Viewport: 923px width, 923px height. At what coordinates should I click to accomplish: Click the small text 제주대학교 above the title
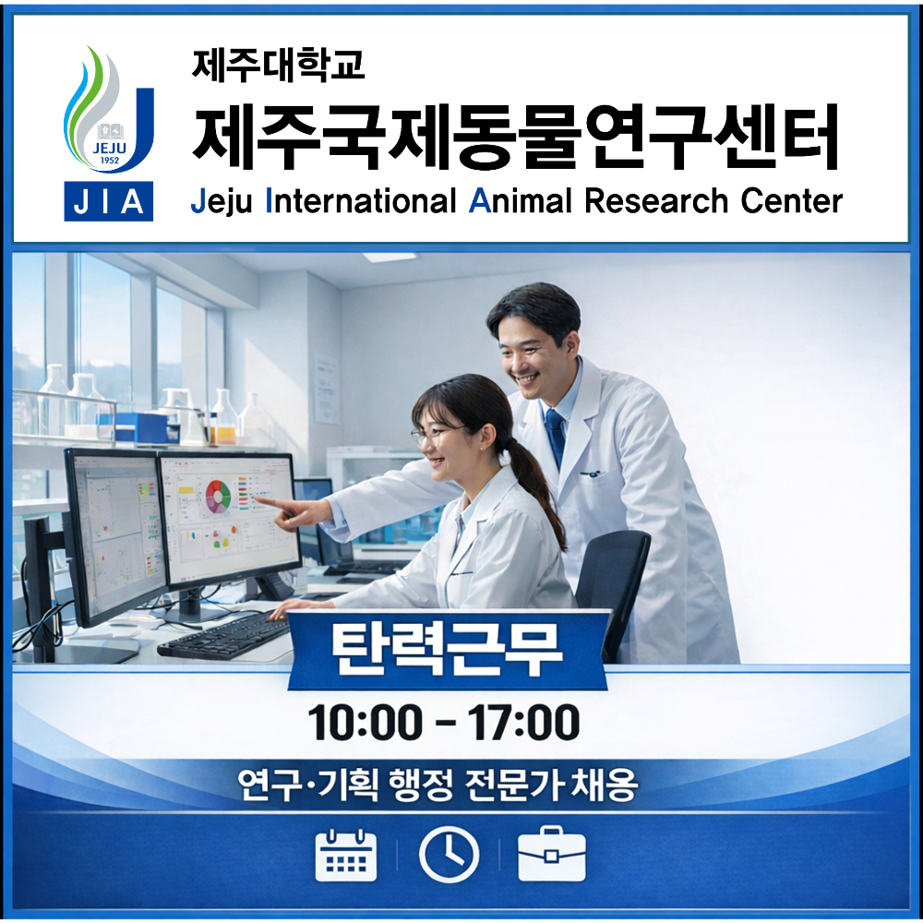tap(278, 64)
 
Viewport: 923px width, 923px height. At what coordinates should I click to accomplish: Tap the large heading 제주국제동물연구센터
tap(515, 137)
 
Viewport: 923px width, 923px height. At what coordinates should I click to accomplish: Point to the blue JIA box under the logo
tap(109, 202)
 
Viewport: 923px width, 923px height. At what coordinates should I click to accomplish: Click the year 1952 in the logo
tap(109, 162)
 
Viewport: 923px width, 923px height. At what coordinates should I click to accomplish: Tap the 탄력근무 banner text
tap(447, 650)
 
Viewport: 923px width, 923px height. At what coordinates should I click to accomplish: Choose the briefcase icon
tap(551, 857)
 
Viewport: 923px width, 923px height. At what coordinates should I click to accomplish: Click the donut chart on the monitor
tap(219, 496)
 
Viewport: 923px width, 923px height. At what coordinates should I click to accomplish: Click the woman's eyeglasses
tap(434, 434)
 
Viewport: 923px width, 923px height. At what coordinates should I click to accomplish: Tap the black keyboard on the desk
tap(224, 635)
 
